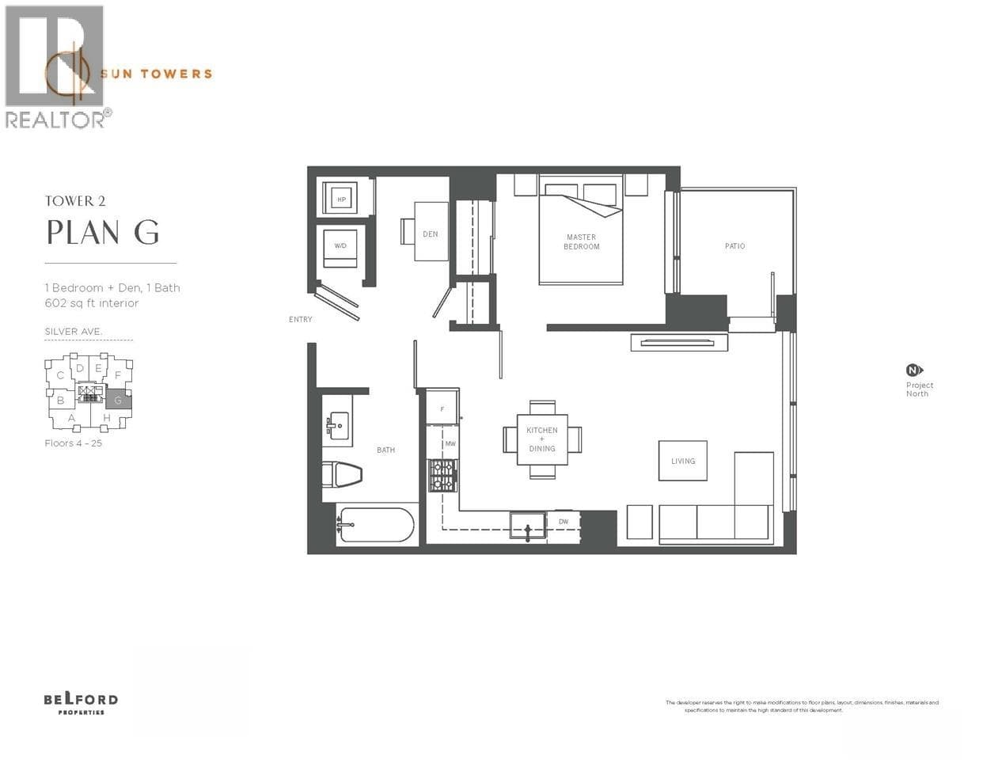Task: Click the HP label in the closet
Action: point(342,199)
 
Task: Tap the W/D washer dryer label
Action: point(340,246)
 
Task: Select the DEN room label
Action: point(431,234)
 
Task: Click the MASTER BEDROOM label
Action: point(581,242)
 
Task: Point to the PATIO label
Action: point(734,246)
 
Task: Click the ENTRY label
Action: point(301,320)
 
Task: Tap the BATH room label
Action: point(385,450)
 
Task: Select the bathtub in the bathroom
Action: point(376,525)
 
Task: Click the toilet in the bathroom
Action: point(341,475)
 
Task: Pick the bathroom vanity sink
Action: point(338,425)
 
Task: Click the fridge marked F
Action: point(442,408)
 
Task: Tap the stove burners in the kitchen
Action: point(442,476)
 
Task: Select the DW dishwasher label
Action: point(564,522)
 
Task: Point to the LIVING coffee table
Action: point(683,461)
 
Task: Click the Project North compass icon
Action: point(914,370)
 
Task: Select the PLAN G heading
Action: point(103,233)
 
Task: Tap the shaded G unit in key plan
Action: point(119,400)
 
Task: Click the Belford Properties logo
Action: point(81,703)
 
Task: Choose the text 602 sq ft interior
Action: point(92,303)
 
